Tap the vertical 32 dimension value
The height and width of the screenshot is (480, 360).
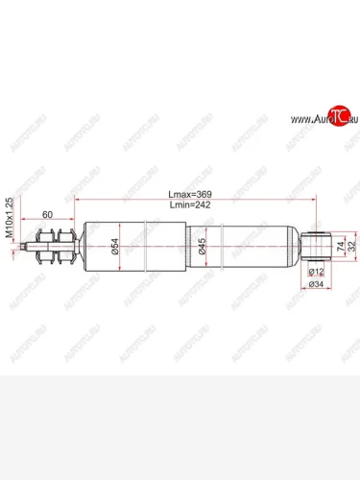352,247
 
